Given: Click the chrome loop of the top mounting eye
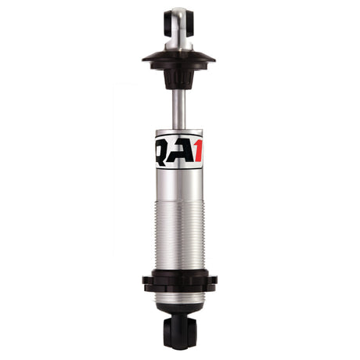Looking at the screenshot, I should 179,16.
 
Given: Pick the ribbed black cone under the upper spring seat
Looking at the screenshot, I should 179,77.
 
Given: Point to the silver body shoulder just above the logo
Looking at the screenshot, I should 179,131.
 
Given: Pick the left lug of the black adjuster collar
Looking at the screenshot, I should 146,279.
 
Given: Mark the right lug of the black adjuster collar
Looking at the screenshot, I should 212,279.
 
